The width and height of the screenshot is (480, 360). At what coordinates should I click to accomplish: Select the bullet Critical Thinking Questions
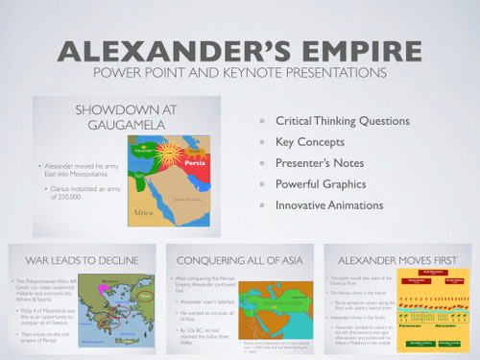click(x=342, y=121)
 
